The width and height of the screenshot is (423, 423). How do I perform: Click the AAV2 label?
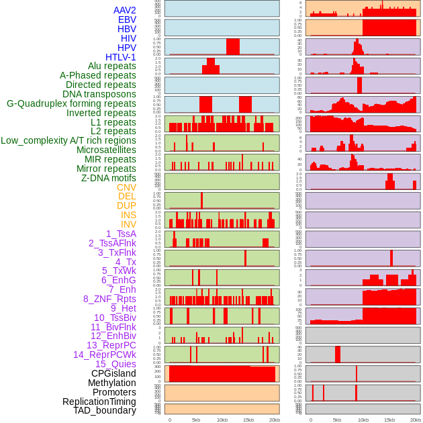[124, 10]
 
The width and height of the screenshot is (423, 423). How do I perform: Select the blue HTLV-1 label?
[120, 57]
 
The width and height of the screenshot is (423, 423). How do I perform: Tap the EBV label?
[127, 19]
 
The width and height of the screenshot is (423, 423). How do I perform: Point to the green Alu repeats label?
[111, 66]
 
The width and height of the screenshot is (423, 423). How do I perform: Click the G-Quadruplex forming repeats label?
[71, 103]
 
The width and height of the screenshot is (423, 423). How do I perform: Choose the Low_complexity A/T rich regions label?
[68, 140]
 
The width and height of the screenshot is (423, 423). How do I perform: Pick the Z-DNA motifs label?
[109, 178]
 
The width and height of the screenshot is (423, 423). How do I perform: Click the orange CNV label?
[126, 187]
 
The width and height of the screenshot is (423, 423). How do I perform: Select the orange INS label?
[128, 215]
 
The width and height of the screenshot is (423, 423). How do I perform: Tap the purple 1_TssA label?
[121, 234]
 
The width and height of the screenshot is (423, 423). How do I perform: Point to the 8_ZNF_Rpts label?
[109, 299]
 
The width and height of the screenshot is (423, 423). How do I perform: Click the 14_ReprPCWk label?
[105, 355]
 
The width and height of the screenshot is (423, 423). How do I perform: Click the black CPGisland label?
[113, 373]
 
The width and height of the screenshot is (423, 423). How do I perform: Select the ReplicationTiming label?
[99, 402]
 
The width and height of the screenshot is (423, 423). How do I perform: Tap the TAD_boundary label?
[105, 410]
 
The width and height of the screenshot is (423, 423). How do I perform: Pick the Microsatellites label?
[106, 150]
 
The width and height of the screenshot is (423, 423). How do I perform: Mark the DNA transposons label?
[99, 94]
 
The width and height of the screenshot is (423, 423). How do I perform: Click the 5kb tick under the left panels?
[196, 420]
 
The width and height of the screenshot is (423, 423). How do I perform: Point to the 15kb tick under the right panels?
[389, 420]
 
